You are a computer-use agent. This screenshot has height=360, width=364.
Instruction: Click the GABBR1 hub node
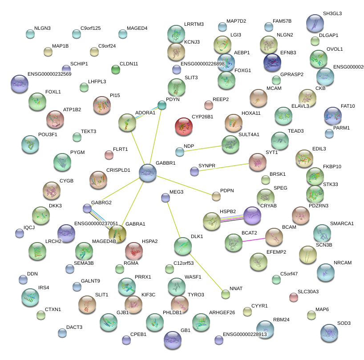(x=148, y=172)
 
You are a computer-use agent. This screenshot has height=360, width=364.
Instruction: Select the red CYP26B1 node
(x=184, y=126)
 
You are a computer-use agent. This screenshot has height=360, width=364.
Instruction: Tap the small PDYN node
(x=162, y=105)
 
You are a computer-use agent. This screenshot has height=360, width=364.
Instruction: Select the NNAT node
(x=226, y=294)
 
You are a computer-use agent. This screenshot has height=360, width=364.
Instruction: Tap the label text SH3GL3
(x=333, y=14)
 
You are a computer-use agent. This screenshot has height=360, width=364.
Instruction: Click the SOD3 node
(x=329, y=332)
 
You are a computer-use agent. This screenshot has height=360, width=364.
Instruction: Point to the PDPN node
(x=216, y=196)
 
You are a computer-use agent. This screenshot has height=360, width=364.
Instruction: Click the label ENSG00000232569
(x=49, y=74)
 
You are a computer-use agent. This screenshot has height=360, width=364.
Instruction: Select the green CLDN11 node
(x=116, y=69)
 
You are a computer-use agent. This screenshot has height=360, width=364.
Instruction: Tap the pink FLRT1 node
(x=109, y=155)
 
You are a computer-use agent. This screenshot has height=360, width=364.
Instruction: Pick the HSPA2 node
(x=133, y=251)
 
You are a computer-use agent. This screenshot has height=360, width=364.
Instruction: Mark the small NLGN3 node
(x=30, y=33)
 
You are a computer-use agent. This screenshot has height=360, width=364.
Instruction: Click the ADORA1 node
(x=127, y=122)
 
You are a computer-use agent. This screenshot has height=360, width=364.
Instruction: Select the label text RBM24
(x=281, y=320)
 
